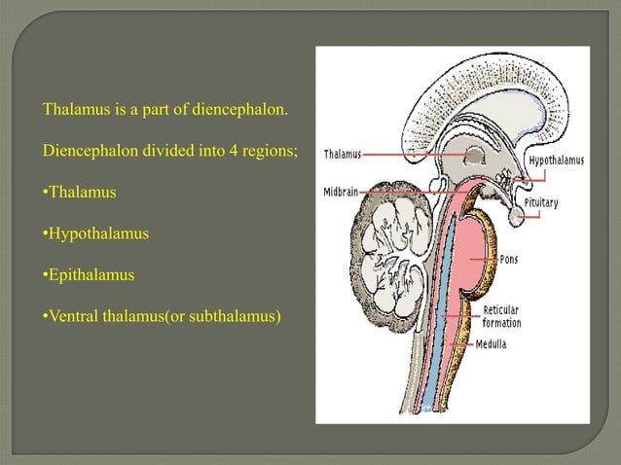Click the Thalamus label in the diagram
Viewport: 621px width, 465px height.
pyautogui.click(x=342, y=154)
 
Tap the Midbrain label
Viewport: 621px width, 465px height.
pyautogui.click(x=343, y=192)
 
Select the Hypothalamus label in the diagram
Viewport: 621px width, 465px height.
pyautogui.click(x=557, y=160)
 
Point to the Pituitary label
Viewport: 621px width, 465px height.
pyautogui.click(x=542, y=203)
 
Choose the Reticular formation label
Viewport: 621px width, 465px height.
pyautogui.click(x=502, y=317)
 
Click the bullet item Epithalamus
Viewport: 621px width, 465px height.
pyautogui.click(x=89, y=275)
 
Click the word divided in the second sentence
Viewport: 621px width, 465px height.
pyautogui.click(x=158, y=152)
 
